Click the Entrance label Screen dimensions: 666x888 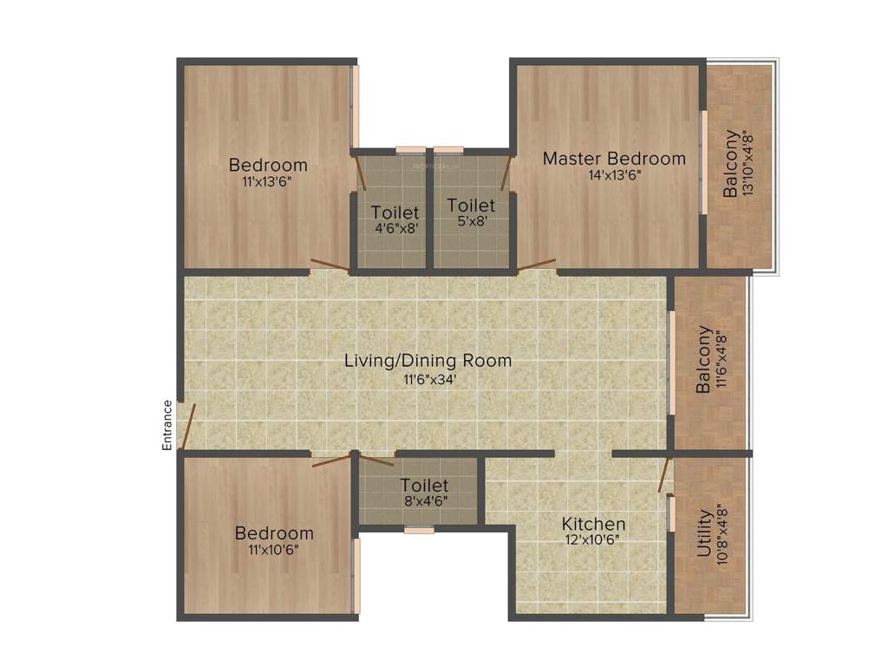pos(167,425)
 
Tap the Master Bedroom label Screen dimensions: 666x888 pos(614,159)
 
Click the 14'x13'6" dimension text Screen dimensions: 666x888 pos(614,174)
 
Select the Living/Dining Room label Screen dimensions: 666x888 pos(428,360)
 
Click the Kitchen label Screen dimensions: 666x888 pos(593,524)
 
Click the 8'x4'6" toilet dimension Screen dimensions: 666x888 pos(424,500)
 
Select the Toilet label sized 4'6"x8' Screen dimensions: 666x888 pos(395,212)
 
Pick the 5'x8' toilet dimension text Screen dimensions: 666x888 pos(472,220)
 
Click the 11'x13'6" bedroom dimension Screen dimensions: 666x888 pos(267,181)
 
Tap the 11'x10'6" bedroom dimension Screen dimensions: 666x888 pos(273,549)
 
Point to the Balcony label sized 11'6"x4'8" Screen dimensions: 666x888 pos(704,360)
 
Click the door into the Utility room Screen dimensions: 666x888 pos(664,473)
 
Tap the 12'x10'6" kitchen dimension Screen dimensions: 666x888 pos(593,539)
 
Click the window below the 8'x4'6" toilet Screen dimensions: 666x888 pos(419,529)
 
